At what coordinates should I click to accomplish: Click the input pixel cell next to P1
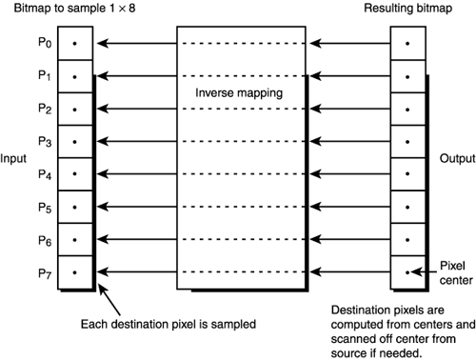[x=77, y=75]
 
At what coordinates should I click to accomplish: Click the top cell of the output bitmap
[x=407, y=43]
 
